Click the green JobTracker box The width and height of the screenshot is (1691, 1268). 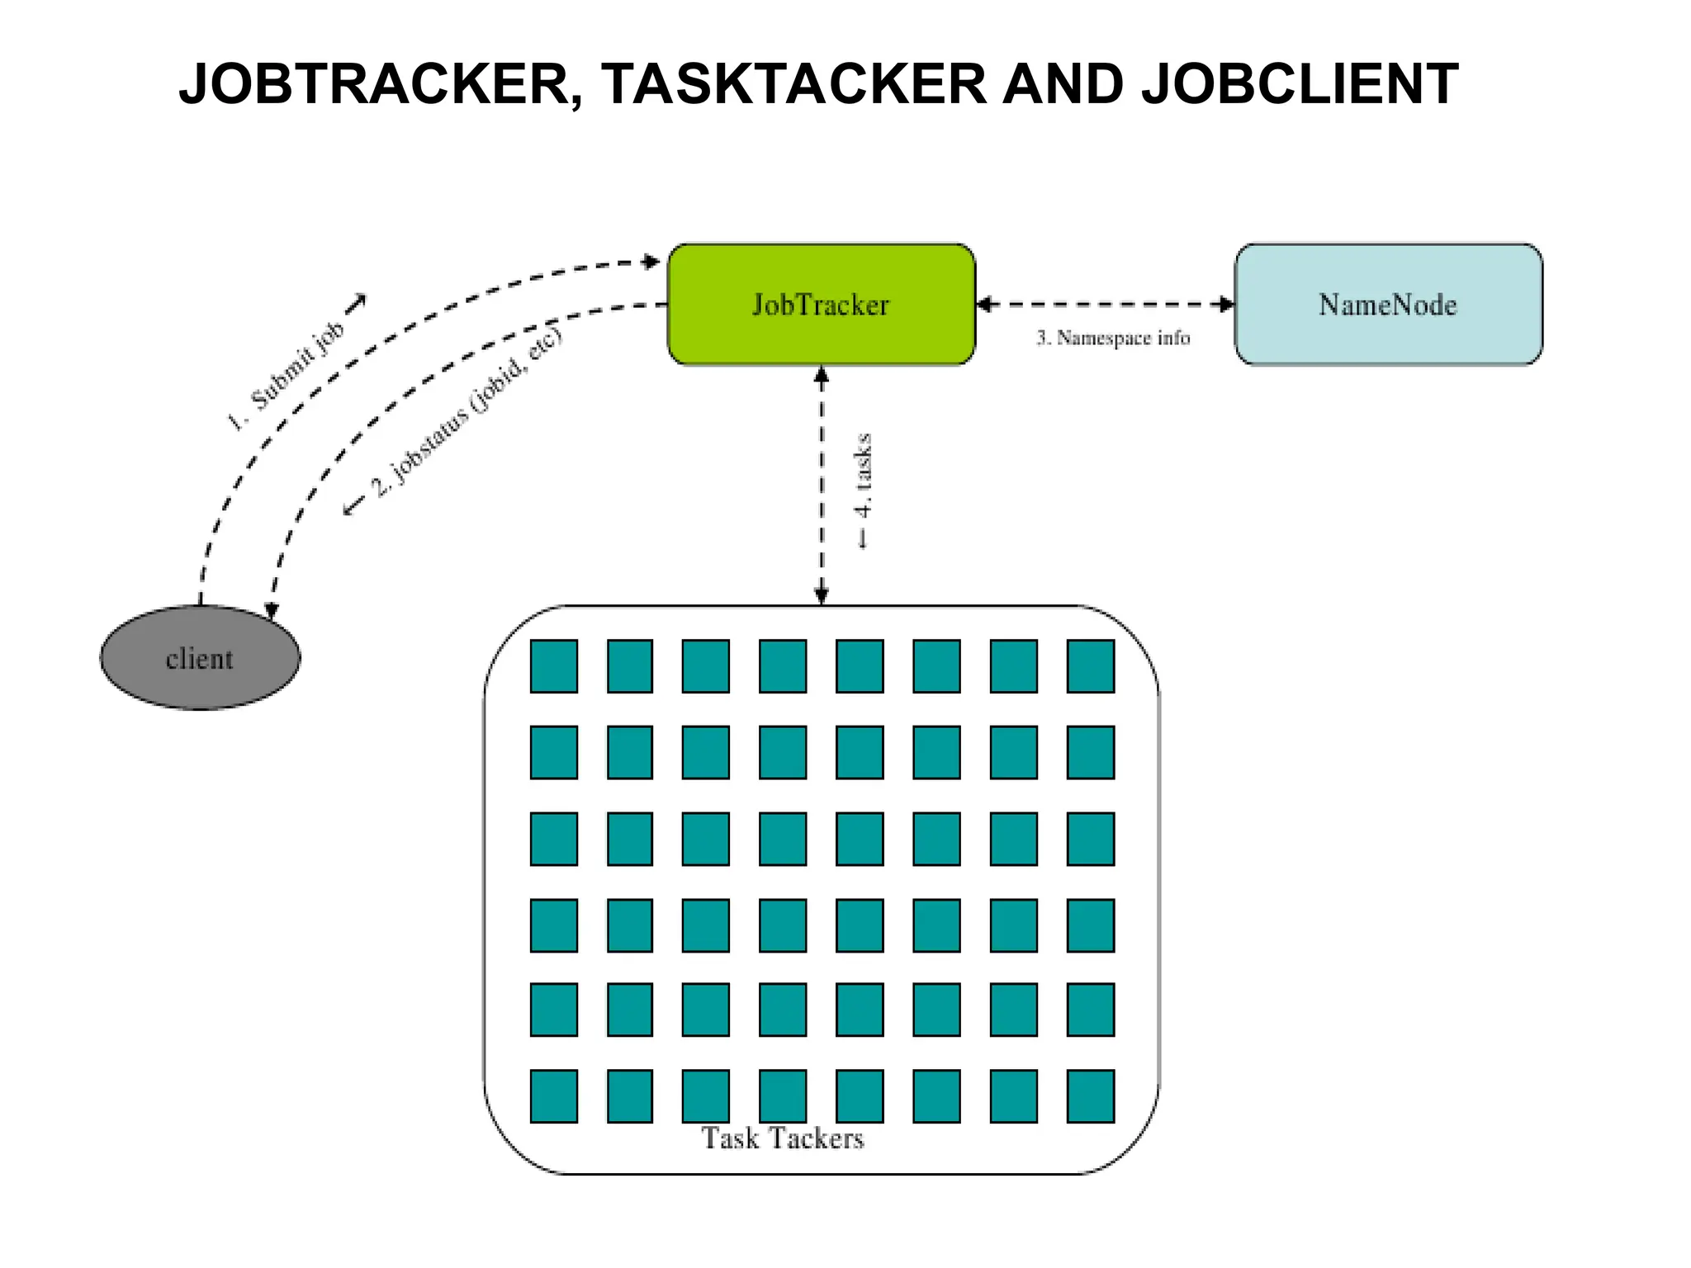click(x=821, y=304)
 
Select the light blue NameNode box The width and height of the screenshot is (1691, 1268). click(x=1388, y=304)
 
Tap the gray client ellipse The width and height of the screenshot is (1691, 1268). click(x=200, y=658)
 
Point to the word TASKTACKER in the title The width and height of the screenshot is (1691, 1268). click(x=793, y=84)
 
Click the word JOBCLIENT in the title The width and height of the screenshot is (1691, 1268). click(x=1300, y=84)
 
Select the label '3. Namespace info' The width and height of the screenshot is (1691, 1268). click(x=1113, y=338)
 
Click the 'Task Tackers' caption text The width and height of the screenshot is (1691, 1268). click(x=782, y=1138)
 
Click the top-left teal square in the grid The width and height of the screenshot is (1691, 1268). click(x=553, y=665)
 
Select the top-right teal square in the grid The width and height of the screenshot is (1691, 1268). click(x=1090, y=665)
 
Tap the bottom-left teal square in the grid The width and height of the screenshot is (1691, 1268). click(x=553, y=1095)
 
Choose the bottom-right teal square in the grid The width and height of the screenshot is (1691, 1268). click(x=1090, y=1095)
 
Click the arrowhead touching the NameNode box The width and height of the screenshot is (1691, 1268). click(x=1227, y=304)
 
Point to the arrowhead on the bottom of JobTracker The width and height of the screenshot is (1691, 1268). click(x=821, y=375)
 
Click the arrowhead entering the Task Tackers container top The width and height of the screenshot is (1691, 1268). click(x=821, y=596)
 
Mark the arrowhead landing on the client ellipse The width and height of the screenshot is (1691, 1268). click(x=271, y=613)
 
